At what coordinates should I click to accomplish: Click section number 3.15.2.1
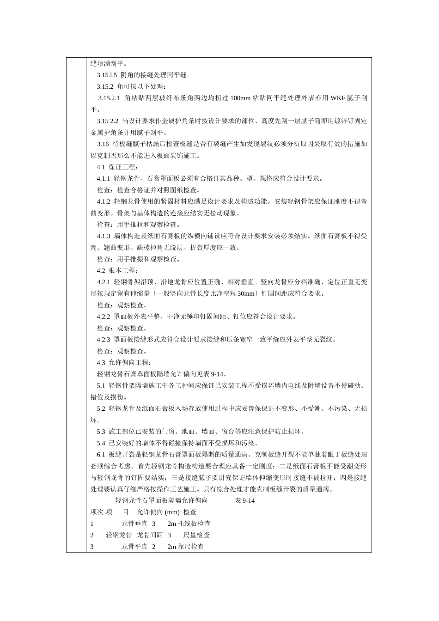[109, 98]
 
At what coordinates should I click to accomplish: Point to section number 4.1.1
[104, 178]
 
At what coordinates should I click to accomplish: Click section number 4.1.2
[104, 201]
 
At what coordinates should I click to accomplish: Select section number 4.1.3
[104, 236]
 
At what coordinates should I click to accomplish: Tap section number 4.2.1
[104, 282]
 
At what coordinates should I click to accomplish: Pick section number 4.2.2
[104, 317]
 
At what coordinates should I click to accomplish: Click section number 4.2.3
[104, 340]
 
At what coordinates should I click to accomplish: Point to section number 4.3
[101, 363]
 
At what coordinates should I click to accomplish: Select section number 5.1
[101, 385]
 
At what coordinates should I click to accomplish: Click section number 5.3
[101, 432]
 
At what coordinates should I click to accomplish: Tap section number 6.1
[101, 455]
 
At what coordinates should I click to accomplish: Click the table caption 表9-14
[245, 500]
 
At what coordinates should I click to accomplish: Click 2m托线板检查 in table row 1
[189, 524]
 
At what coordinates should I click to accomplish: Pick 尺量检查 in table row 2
[196, 535]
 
